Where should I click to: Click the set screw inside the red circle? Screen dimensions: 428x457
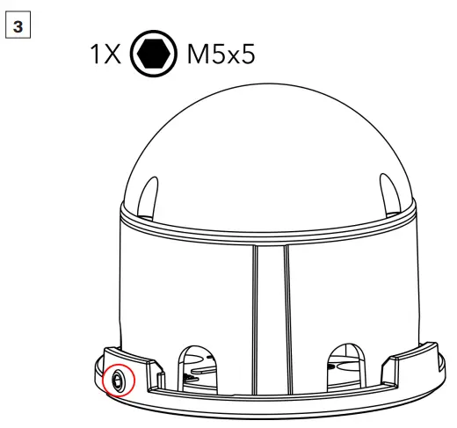click(117, 381)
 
